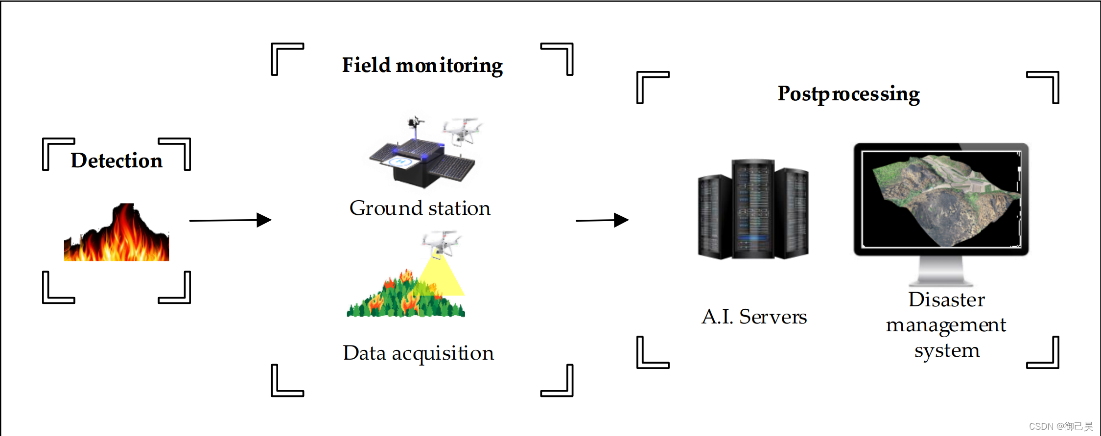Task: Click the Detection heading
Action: click(x=117, y=161)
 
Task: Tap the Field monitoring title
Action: click(x=422, y=66)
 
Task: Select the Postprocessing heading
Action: click(x=848, y=94)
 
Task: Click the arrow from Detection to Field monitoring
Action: click(x=230, y=220)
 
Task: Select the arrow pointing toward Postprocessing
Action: click(x=602, y=220)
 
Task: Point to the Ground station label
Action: click(x=420, y=208)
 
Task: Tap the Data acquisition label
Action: click(x=418, y=353)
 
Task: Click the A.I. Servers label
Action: click(x=754, y=317)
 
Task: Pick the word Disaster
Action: click(x=946, y=299)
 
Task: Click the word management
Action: click(x=946, y=325)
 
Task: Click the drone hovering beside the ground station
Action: click(x=461, y=130)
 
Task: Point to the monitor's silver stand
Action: click(x=941, y=272)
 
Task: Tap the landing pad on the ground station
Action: click(x=400, y=162)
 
